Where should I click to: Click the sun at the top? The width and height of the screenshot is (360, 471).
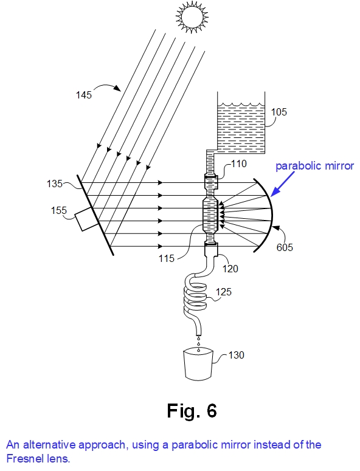coord(192,17)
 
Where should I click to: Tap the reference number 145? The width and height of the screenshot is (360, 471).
coord(83,95)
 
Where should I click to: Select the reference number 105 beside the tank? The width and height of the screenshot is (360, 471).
coord(279,112)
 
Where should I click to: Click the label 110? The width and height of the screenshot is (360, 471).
coord(238,163)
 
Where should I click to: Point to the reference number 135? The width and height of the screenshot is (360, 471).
coord(55,184)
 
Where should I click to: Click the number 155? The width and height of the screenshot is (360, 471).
coord(59,210)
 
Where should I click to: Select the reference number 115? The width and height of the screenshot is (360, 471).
coord(167,258)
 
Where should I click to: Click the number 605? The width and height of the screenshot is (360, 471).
coord(285,247)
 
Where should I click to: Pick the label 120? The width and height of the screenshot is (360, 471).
coord(230,269)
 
